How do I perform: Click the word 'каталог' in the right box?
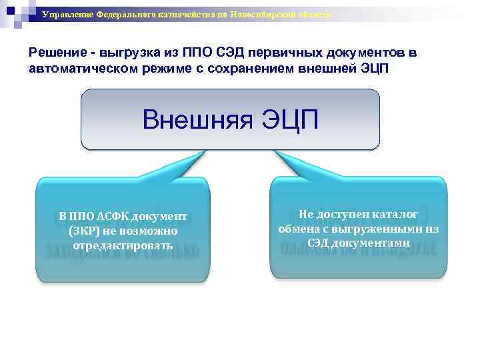click(395, 214)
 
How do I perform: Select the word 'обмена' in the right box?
click(298, 229)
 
